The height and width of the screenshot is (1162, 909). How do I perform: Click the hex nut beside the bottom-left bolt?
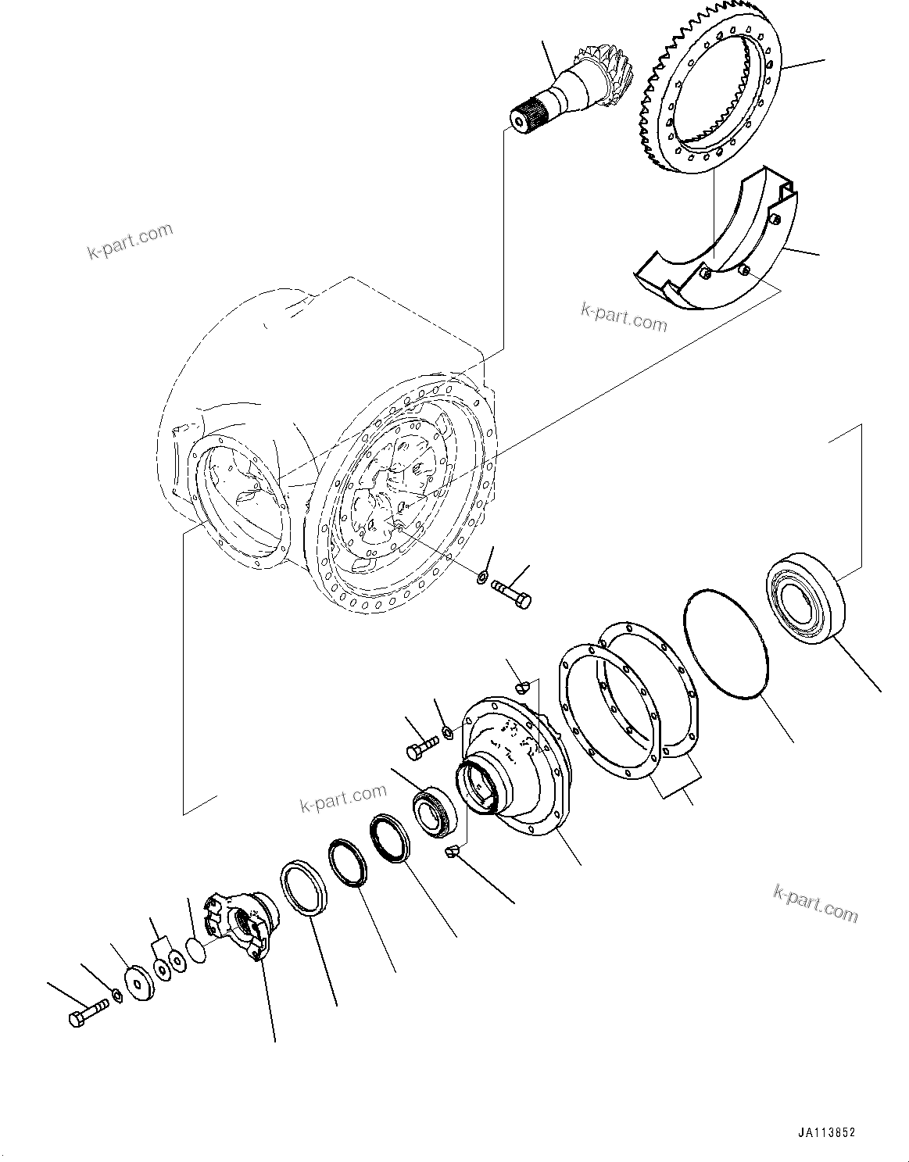(x=116, y=995)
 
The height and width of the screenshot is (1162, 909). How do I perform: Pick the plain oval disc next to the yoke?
(x=199, y=953)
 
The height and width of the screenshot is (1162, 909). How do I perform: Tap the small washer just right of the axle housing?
(x=483, y=577)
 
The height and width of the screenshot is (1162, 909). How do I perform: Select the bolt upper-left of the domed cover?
(x=420, y=749)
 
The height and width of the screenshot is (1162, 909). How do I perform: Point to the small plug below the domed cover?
(x=450, y=853)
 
